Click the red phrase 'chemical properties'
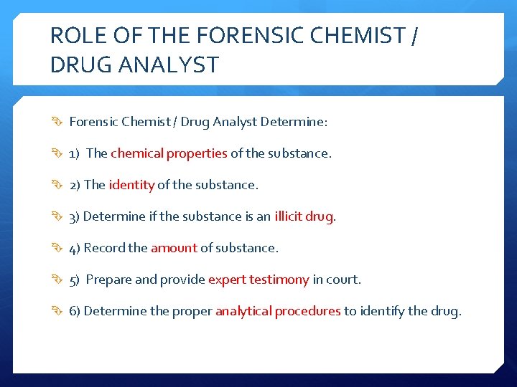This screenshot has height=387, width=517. pyautogui.click(x=169, y=153)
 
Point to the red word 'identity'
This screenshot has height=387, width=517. pyautogui.click(x=131, y=185)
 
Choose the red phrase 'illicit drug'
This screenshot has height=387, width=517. pyautogui.click(x=304, y=216)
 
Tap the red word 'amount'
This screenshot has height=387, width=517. pyautogui.click(x=174, y=248)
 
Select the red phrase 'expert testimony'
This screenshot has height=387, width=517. pyautogui.click(x=258, y=279)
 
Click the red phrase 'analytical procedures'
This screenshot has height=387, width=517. pyautogui.click(x=278, y=311)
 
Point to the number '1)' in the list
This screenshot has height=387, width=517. pyautogui.click(x=75, y=153)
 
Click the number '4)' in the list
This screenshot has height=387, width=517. pyautogui.click(x=75, y=248)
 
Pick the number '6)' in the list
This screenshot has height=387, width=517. pyautogui.click(x=75, y=311)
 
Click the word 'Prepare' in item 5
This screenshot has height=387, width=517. pyautogui.click(x=108, y=279)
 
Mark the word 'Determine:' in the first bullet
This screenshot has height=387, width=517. pyautogui.click(x=294, y=122)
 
